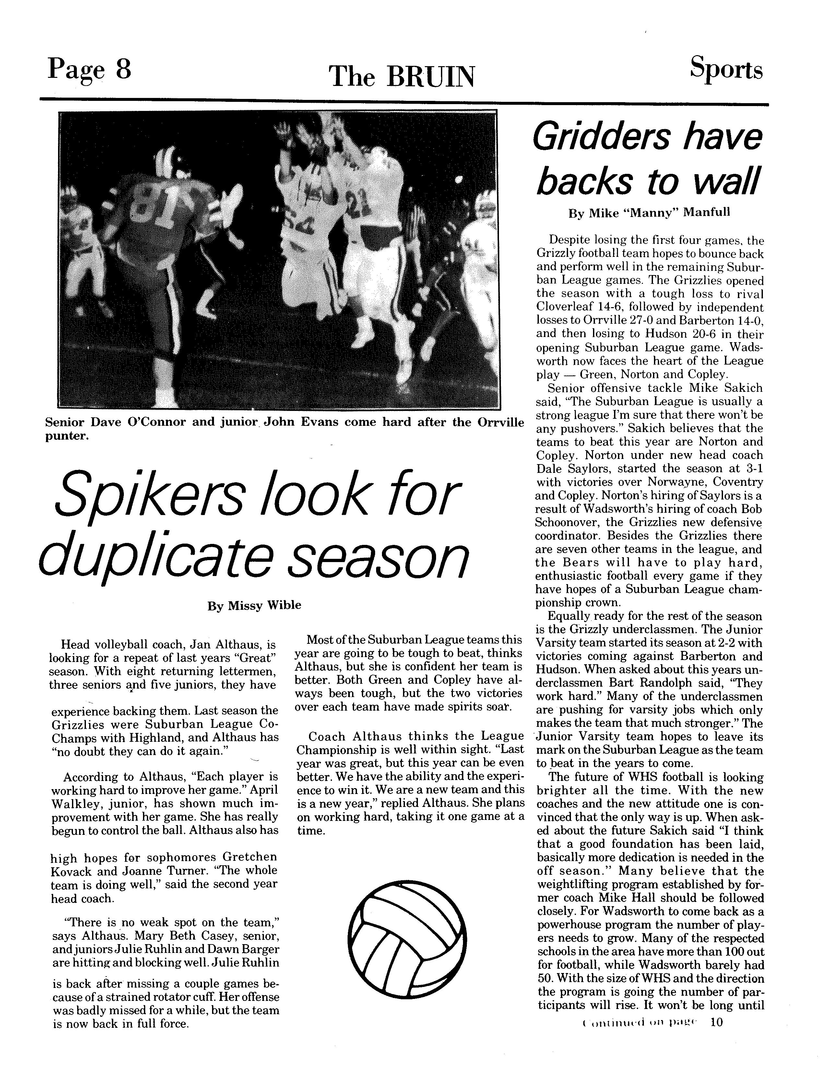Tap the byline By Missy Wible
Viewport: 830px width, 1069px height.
[254, 606]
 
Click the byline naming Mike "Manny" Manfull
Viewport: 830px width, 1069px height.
[649, 213]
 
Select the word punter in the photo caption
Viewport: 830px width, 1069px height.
[66, 436]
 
